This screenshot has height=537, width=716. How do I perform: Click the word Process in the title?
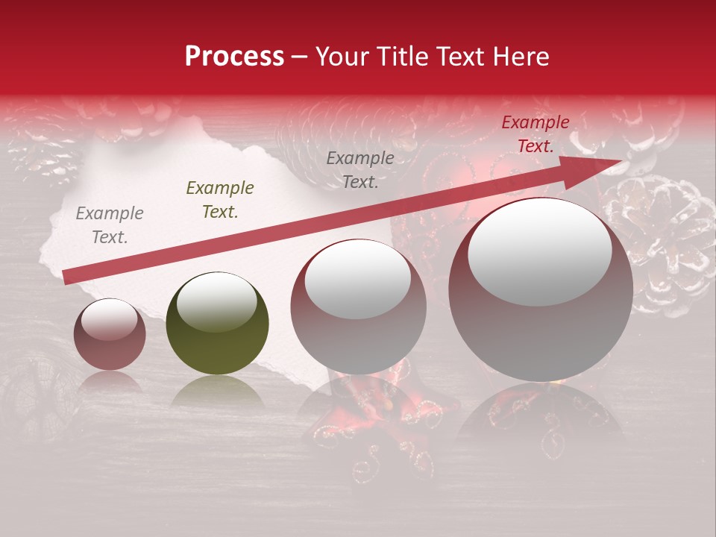(x=234, y=57)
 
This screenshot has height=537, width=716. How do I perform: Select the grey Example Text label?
(x=110, y=225)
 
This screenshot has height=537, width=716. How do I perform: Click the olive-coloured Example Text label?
(x=220, y=200)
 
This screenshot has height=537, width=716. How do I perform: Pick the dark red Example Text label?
(x=535, y=134)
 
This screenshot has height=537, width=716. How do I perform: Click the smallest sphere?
(x=110, y=334)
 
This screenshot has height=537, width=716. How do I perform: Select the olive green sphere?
(x=217, y=324)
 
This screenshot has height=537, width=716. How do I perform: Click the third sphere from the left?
(x=358, y=307)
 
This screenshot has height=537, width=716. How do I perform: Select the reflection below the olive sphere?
(x=217, y=391)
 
